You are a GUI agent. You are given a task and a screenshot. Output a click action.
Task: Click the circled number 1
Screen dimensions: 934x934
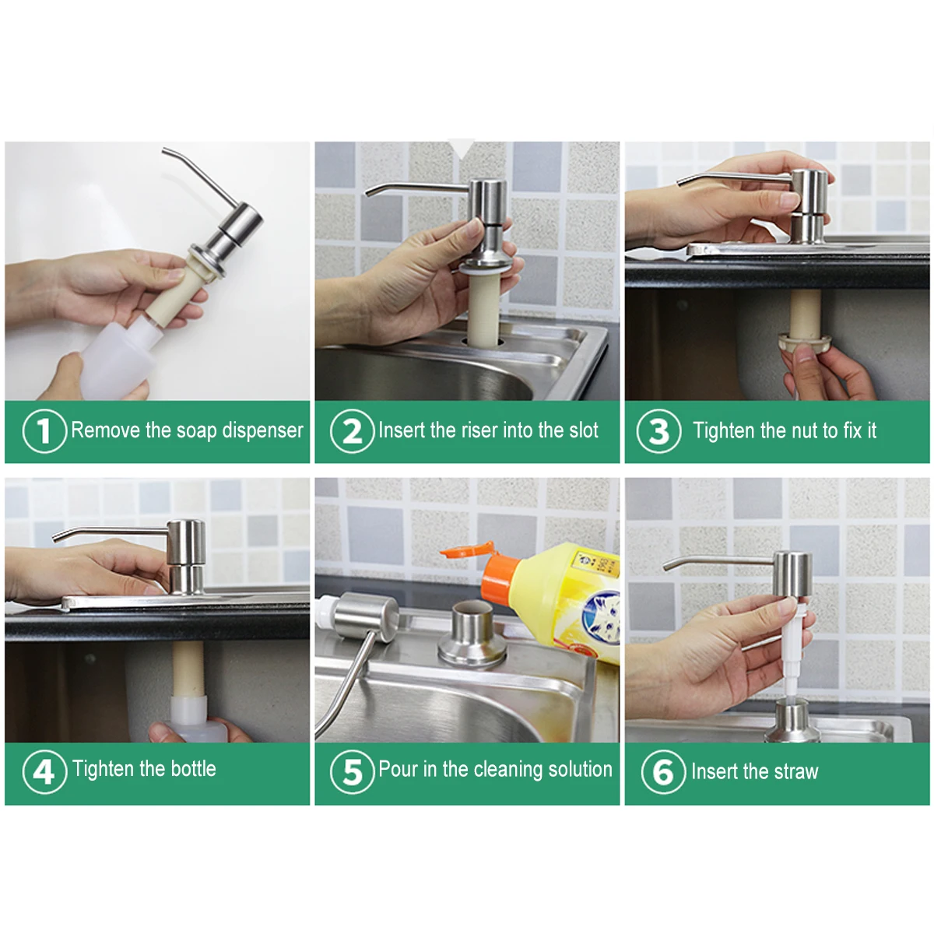click(x=44, y=431)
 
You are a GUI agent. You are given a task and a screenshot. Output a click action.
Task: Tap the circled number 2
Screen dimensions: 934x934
click(x=352, y=431)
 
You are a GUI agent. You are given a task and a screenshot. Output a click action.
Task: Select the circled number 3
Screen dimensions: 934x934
click(x=658, y=431)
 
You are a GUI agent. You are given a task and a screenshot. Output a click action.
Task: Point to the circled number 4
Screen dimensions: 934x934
click(x=44, y=771)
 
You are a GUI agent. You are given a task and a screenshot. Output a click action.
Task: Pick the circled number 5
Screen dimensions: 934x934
click(x=352, y=771)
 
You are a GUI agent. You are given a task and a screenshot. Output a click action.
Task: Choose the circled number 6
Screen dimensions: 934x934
click(x=663, y=771)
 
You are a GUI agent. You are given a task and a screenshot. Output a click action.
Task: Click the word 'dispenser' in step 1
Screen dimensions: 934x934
click(x=262, y=431)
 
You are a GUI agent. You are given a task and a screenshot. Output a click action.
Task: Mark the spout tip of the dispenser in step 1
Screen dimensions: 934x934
click(x=164, y=151)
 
